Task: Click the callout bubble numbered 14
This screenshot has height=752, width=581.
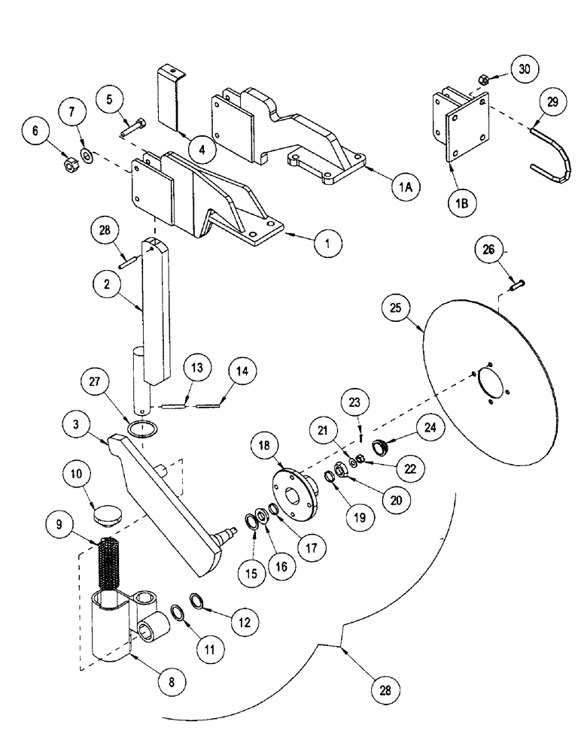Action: point(243,371)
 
